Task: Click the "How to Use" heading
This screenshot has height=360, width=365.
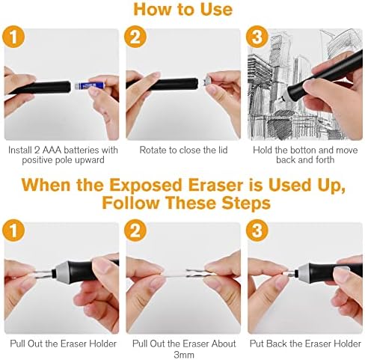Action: pos(182,10)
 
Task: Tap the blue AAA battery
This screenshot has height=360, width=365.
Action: pos(89,86)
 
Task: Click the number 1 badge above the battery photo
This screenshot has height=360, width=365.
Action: pos(13,37)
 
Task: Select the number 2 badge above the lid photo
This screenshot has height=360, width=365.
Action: pos(135,37)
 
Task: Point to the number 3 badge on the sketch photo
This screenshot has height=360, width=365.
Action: pos(257,37)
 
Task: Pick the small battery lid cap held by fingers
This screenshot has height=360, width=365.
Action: pos(207,82)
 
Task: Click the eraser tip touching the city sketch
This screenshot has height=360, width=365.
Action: pos(281,99)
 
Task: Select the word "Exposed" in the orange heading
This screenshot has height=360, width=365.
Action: pos(146,186)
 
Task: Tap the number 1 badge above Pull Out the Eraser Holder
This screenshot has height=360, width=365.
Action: pos(13,231)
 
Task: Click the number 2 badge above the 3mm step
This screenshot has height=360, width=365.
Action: pos(135,231)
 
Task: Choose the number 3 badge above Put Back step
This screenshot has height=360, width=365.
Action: pos(257,231)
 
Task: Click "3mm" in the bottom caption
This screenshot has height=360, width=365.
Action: pos(184,355)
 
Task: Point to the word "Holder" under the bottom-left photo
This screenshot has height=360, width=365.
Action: pos(102,344)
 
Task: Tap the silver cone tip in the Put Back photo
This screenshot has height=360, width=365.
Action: pos(304,272)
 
